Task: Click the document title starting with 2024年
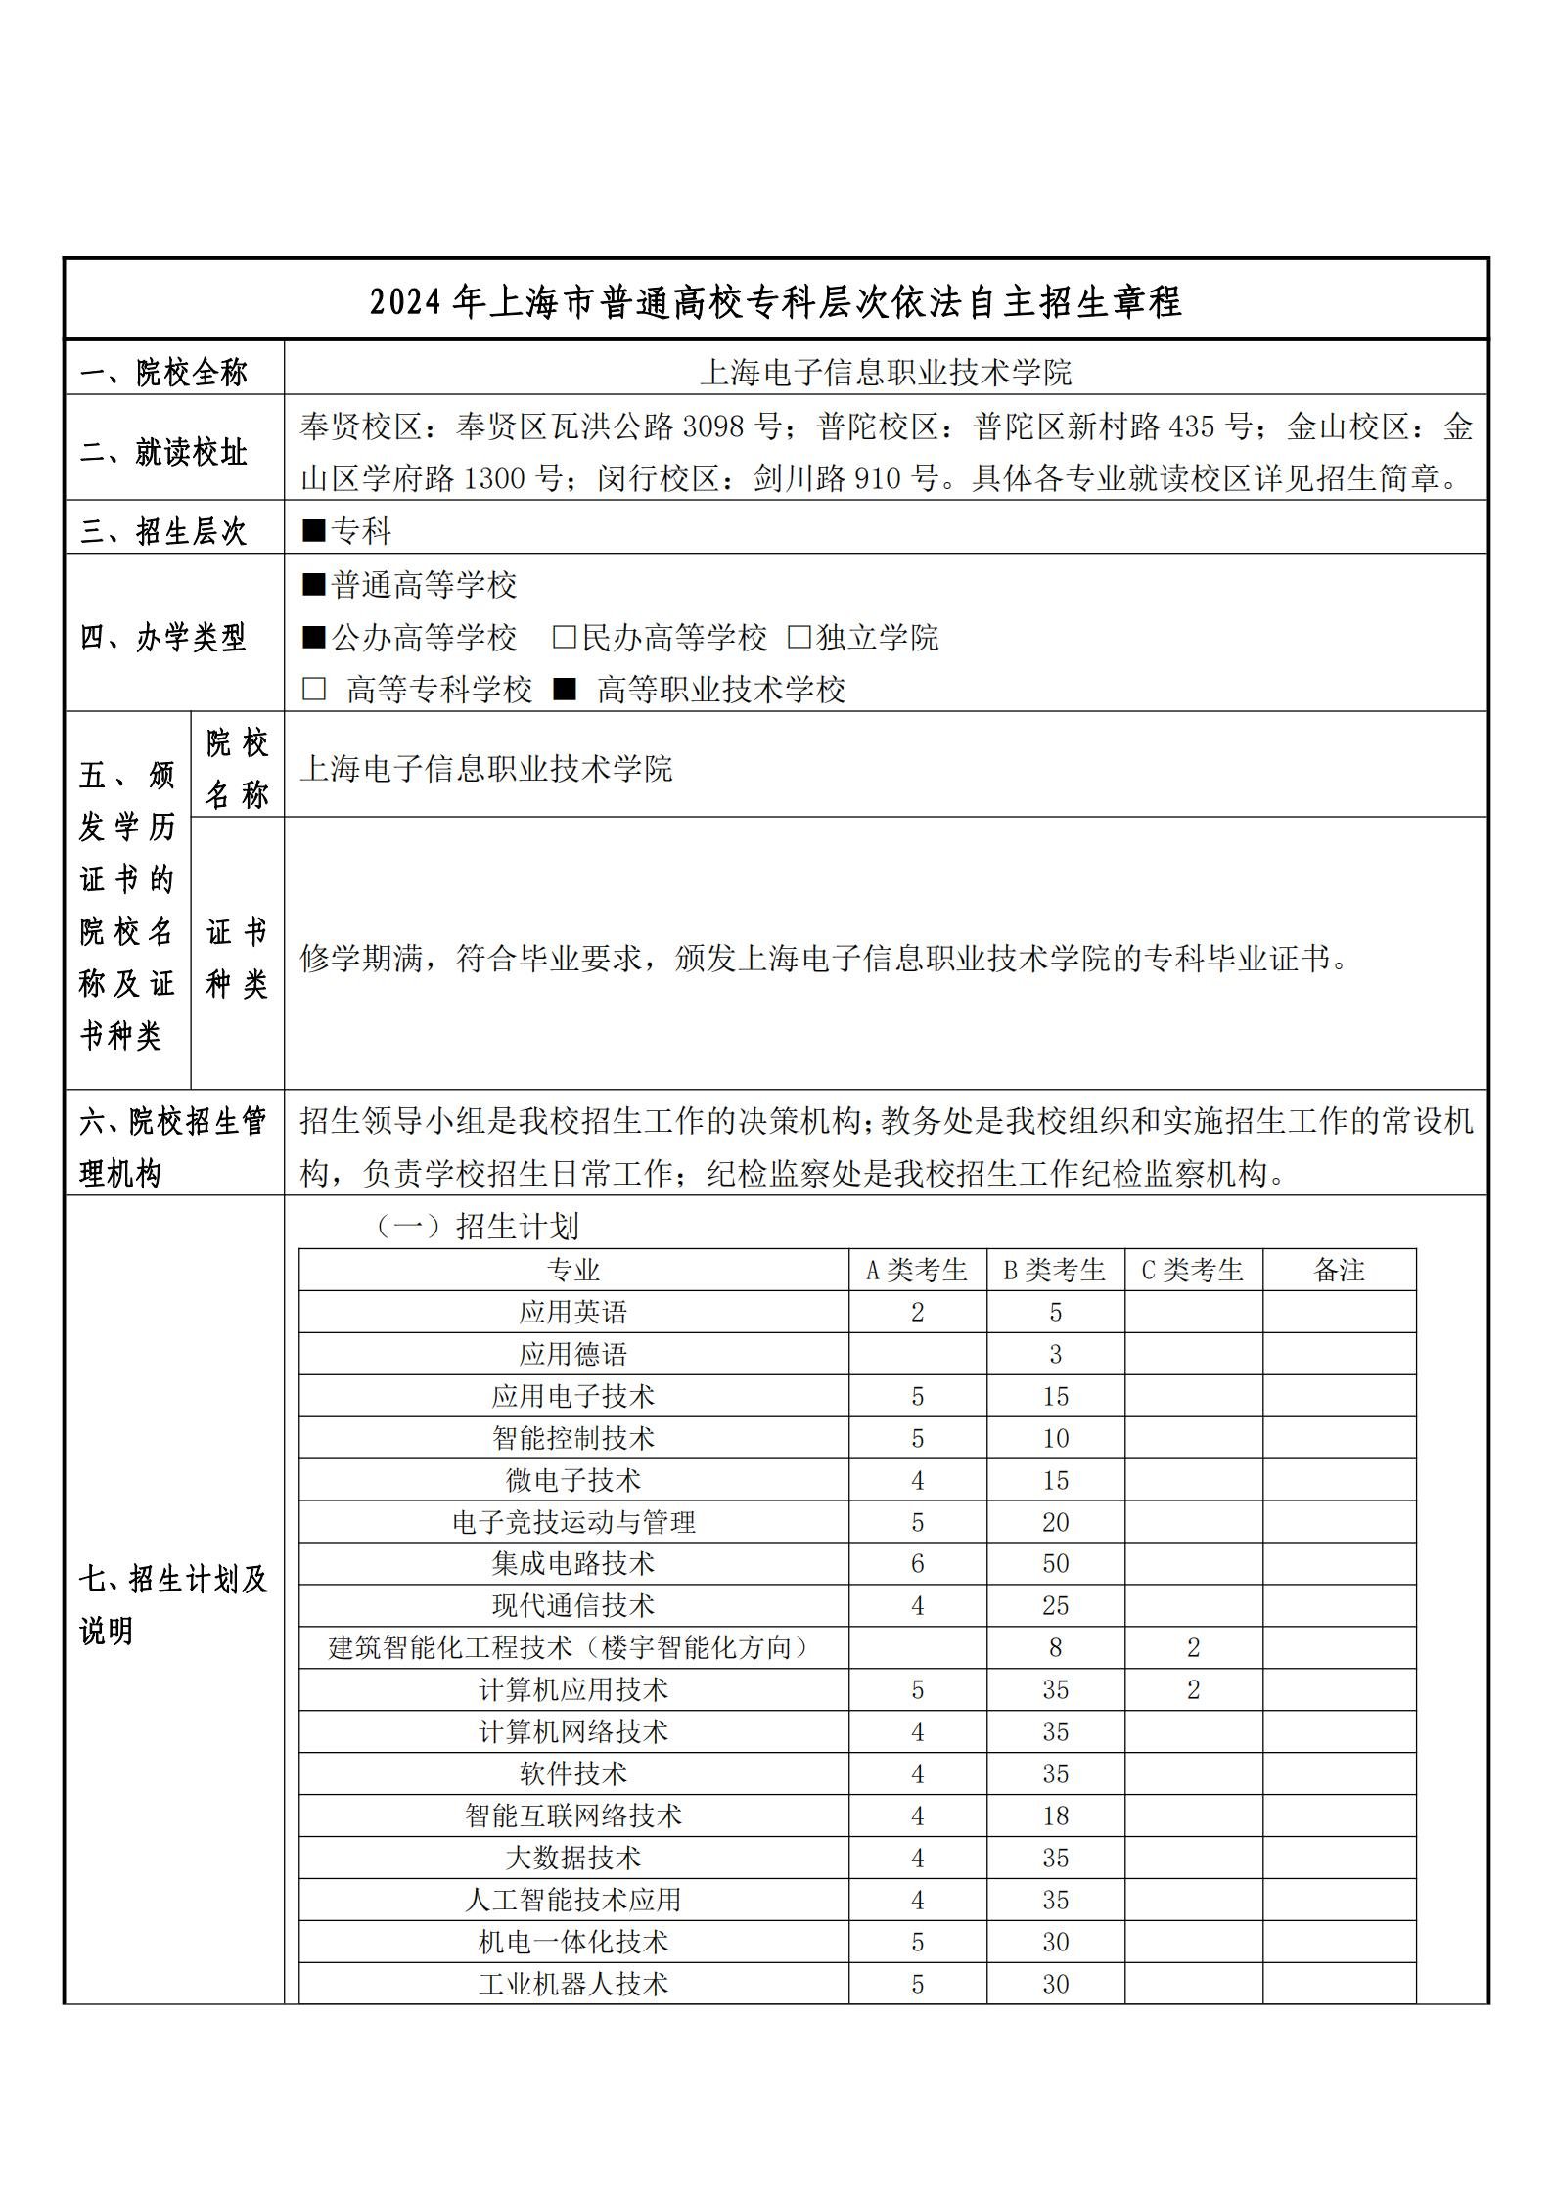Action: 775,301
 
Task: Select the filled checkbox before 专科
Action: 313,531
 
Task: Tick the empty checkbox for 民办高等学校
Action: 564,638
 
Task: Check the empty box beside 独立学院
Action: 799,638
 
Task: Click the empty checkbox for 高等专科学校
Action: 313,690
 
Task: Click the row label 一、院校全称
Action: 164,372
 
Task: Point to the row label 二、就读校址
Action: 164,453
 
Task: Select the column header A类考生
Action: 917,1270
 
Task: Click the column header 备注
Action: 1339,1270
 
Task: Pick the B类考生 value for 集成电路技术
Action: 1055,1563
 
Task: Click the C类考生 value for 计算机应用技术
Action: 1193,1689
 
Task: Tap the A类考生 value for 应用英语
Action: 917,1312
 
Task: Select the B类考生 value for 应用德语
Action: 1055,1354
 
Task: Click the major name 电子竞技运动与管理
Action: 573,1522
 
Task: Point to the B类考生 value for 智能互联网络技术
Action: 1055,1815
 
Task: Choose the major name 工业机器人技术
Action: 573,1984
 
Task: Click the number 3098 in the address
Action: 712,426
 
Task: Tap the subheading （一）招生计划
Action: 479,1226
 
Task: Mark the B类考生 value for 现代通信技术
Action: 1055,1605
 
